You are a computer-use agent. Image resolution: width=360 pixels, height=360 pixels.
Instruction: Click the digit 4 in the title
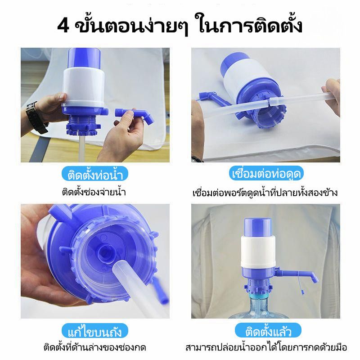[63, 26]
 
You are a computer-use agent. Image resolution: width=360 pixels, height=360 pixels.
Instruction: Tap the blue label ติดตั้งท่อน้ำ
[95, 174]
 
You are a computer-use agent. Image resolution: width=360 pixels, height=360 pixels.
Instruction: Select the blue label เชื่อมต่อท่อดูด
[266, 173]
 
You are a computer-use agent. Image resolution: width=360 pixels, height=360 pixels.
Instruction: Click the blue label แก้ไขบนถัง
[94, 331]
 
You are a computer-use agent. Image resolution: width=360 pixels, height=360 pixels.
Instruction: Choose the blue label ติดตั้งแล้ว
[268, 330]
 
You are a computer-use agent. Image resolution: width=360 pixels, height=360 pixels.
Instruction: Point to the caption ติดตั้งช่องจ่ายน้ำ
[94, 192]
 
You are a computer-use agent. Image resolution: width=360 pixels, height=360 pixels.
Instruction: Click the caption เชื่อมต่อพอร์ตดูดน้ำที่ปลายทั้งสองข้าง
[265, 193]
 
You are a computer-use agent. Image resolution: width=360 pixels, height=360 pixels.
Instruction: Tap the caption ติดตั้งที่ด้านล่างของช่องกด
[95, 347]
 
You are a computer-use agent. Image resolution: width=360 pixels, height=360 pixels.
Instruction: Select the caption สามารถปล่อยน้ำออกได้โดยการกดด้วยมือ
[266, 347]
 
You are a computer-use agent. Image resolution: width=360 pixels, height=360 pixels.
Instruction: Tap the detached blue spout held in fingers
[135, 116]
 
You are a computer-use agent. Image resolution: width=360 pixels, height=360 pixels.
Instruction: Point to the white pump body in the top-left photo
[84, 87]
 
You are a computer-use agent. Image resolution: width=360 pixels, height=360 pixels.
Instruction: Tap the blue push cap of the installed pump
[257, 227]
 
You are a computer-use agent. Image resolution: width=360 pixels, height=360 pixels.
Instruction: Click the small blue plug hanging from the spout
[303, 292]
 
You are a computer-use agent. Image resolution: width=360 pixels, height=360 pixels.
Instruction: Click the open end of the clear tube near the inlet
[121, 267]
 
